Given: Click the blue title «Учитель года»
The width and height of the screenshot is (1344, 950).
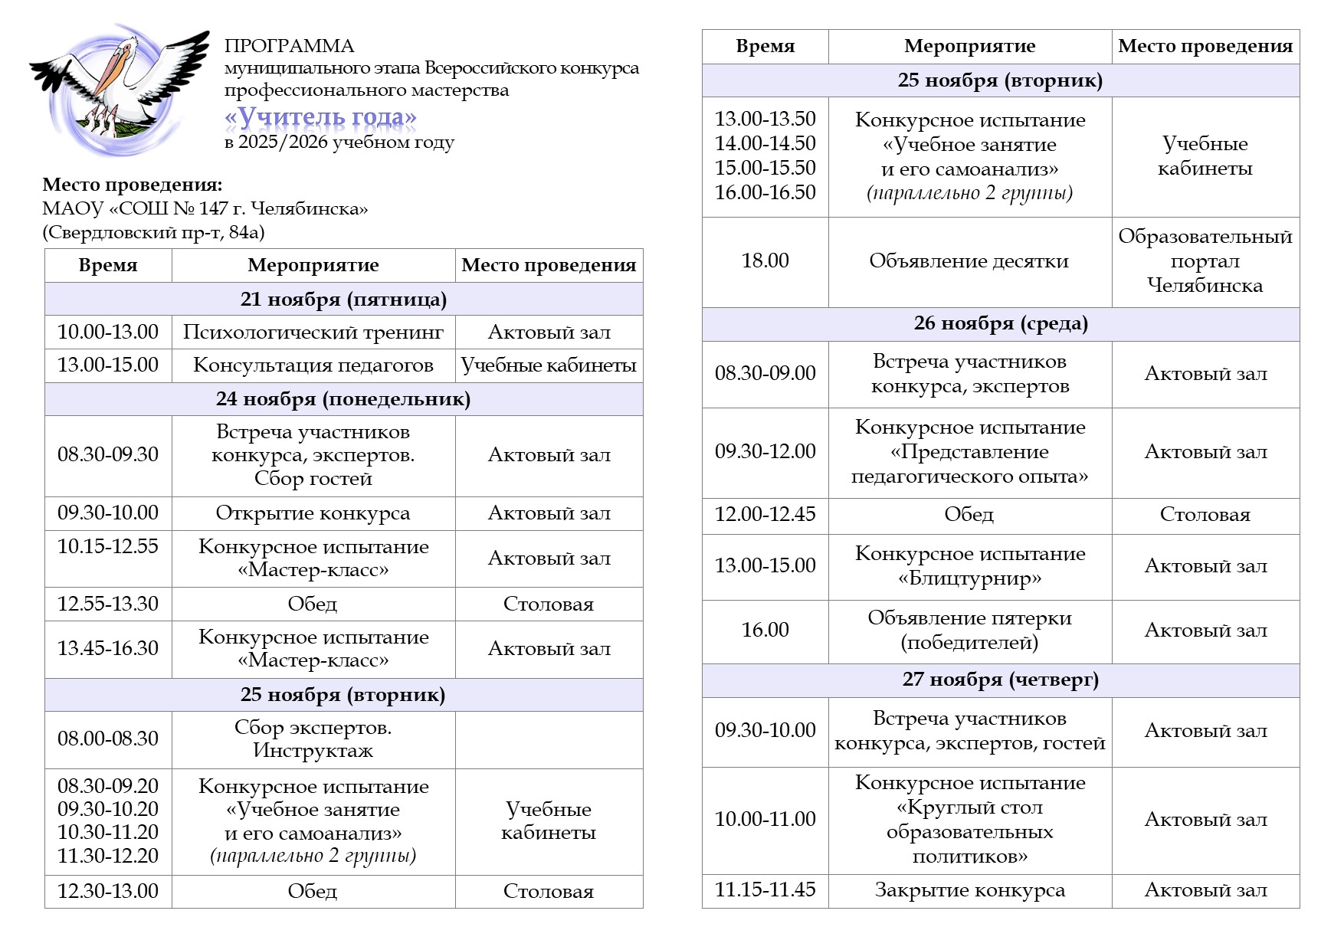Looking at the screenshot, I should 320,117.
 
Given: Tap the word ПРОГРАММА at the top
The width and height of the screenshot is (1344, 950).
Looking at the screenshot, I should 289,46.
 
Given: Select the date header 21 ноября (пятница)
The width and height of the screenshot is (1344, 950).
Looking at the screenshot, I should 343,300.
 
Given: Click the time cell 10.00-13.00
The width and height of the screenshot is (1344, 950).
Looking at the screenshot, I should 108,332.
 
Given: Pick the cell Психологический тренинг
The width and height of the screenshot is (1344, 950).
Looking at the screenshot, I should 313,332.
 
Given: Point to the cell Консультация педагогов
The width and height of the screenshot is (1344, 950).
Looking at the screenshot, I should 313,365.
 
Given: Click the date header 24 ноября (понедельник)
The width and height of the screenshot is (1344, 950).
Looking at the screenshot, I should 343,399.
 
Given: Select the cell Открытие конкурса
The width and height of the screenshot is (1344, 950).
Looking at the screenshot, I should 313,513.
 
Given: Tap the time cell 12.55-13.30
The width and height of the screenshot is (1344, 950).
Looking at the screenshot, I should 108,604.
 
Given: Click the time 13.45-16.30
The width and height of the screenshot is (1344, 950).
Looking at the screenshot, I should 108,648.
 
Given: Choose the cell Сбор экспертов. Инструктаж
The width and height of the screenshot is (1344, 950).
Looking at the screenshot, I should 313,739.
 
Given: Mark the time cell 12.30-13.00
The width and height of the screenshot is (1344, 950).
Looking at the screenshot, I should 108,891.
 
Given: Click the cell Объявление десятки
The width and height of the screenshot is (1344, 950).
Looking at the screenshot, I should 969,261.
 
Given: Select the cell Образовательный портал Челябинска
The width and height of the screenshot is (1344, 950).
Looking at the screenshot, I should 1205,261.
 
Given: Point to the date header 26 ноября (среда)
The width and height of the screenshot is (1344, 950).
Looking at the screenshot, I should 1001,323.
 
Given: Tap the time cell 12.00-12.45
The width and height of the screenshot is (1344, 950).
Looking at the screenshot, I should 765,515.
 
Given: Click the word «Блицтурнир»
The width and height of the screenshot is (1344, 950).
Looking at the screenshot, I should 969,578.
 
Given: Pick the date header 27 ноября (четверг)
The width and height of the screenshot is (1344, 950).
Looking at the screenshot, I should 1001,680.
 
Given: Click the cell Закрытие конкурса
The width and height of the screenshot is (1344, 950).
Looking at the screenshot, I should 969,890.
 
